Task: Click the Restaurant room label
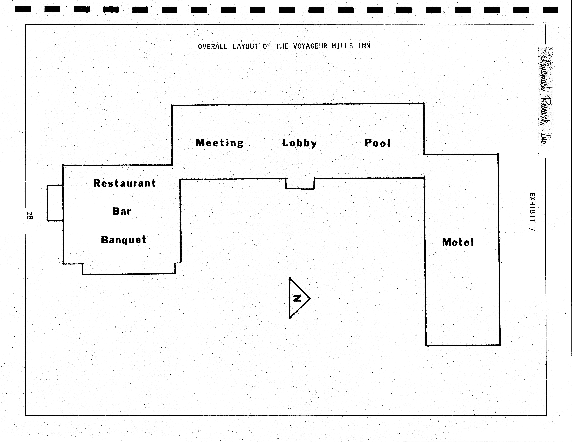click(125, 183)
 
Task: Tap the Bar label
click(122, 211)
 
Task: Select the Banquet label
click(124, 239)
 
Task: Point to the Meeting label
click(219, 143)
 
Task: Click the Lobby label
click(299, 143)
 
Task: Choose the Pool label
click(377, 143)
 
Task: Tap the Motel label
click(458, 242)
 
